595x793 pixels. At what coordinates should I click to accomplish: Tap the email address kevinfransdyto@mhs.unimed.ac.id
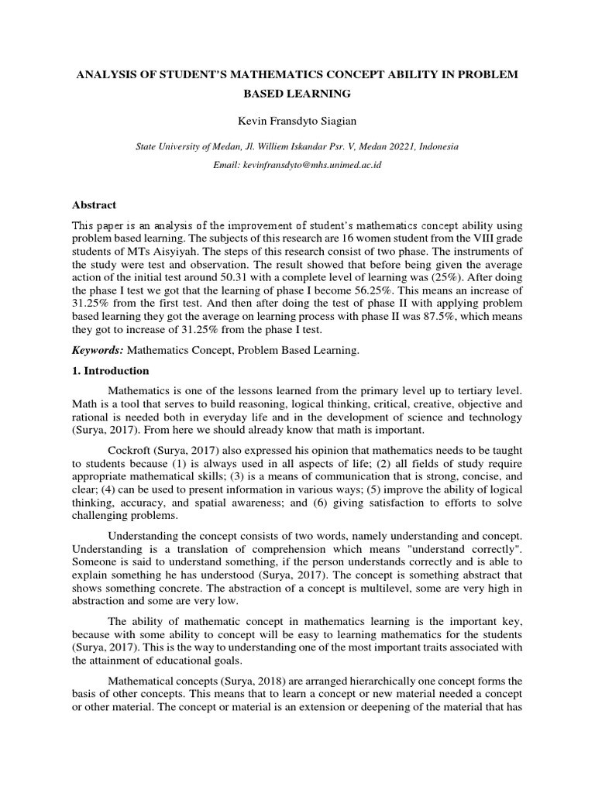[x=317, y=165]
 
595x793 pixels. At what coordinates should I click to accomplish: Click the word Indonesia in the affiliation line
[x=435, y=146]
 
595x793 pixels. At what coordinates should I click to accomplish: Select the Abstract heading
[x=94, y=205]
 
